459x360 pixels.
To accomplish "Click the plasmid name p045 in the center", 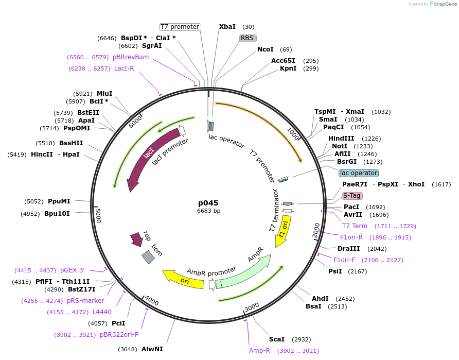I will point(209,202).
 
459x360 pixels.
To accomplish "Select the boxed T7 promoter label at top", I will point(180,27).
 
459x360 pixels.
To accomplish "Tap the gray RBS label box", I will point(248,38).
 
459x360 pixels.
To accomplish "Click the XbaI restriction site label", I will point(227,27).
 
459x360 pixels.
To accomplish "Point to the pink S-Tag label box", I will point(352,196).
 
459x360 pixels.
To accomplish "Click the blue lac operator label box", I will point(359,173).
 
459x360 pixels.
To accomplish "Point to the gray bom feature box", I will point(148,256).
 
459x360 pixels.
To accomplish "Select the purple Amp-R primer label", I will point(259,351).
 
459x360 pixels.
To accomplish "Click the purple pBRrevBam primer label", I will point(131,57).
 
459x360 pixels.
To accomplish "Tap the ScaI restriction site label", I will point(276,339).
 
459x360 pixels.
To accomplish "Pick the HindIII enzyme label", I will point(341,139).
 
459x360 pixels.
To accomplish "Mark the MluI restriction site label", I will point(104,94).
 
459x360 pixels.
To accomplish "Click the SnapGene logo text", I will point(442,4).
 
